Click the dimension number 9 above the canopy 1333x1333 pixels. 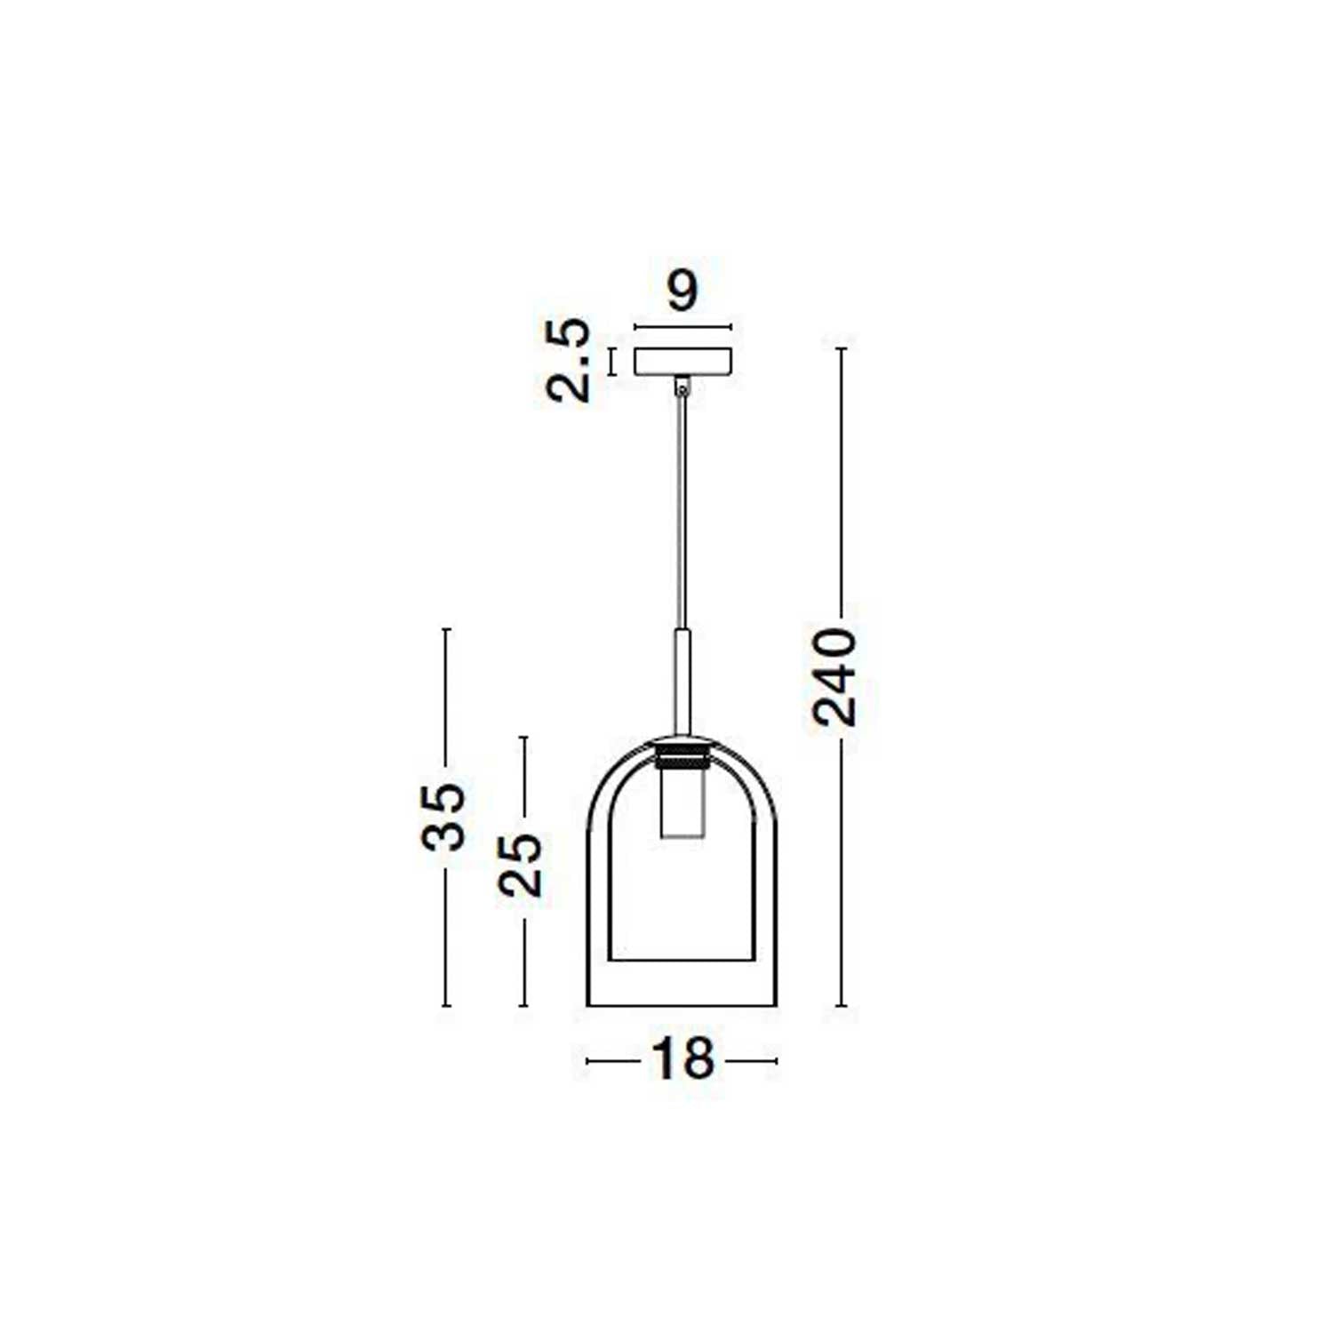pos(682,291)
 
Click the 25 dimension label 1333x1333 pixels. pos(521,865)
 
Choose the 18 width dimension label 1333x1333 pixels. pos(682,1059)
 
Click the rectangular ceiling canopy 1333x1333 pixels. pos(682,361)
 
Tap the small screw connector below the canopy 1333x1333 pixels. pos(682,387)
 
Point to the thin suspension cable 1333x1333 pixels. pos(682,515)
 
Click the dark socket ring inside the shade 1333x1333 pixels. pos(682,757)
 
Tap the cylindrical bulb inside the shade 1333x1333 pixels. pos(682,804)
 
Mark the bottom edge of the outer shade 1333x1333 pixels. pos(682,1005)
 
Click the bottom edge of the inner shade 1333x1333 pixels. pos(682,960)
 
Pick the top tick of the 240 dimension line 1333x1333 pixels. pos(841,349)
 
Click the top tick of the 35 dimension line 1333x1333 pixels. pos(446,629)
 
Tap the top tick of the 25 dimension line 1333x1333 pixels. pos(523,738)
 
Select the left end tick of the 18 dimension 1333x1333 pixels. pos(587,1060)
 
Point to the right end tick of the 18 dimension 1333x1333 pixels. pos(777,1060)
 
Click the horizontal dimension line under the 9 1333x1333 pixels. pos(682,327)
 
